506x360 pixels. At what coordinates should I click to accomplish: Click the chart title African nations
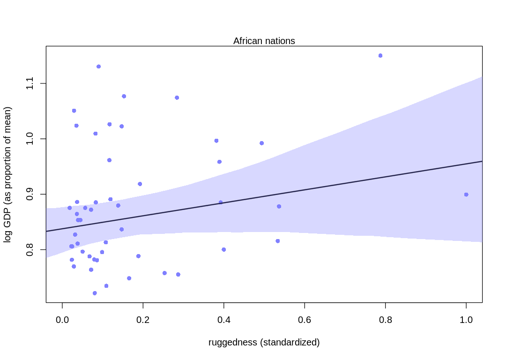pyautogui.click(x=264, y=41)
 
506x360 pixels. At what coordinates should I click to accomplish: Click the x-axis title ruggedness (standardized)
pyautogui.click(x=264, y=343)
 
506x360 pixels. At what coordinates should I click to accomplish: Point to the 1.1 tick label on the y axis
pyautogui.click(x=30, y=83)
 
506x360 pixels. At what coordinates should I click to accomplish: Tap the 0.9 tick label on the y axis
pyautogui.click(x=30, y=194)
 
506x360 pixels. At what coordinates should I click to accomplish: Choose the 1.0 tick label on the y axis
pyautogui.click(x=30, y=139)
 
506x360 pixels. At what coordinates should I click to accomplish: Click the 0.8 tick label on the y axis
pyautogui.click(x=30, y=249)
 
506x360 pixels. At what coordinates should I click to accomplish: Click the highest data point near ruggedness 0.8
pyautogui.click(x=380, y=55)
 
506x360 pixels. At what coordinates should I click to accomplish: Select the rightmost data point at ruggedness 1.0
pyautogui.click(x=466, y=195)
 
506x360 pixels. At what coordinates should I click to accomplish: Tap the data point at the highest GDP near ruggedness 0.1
pyautogui.click(x=98, y=67)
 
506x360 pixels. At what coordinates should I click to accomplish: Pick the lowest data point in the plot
pyautogui.click(x=95, y=293)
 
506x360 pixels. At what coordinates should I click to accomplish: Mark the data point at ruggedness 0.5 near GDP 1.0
pyautogui.click(x=262, y=143)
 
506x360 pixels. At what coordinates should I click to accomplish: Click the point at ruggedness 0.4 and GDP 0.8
pyautogui.click(x=224, y=249)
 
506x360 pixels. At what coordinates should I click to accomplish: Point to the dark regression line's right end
pyautogui.click(x=481, y=161)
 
